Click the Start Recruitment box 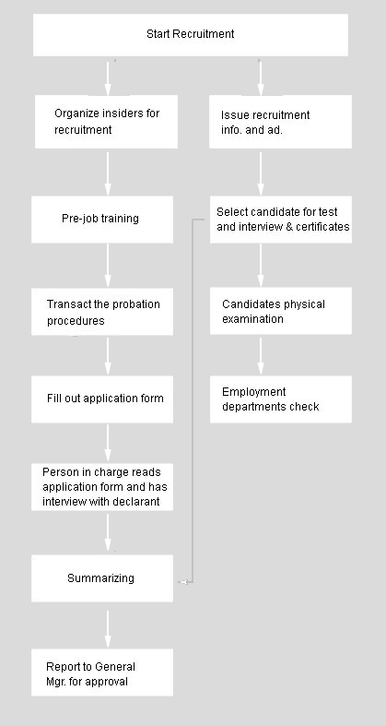coord(191,35)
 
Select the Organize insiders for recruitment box coord(106,122)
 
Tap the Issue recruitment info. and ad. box coord(280,122)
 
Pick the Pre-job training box coord(102,220)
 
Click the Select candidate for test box coord(281,220)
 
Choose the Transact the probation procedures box coord(102,312)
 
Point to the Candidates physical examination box coord(281,311)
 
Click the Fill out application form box coord(102,399)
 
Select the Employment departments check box coord(281,399)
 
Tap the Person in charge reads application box coord(102,487)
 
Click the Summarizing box coord(102,578)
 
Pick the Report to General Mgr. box coord(102,672)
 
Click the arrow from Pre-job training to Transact coord(108,266)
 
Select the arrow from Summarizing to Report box coord(108,629)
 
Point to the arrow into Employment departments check coord(261,356)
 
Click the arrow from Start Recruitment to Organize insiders coord(108,78)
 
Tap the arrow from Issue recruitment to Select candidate coord(261,174)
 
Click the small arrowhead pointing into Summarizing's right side coord(183,582)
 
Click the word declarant coord(137,502)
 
